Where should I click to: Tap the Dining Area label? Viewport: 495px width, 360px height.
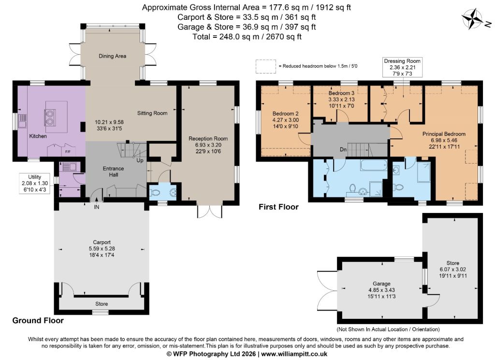pyautogui.click(x=112, y=56)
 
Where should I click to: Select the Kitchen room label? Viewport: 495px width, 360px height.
pyautogui.click(x=38, y=136)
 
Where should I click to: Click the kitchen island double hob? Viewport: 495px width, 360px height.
pyautogui.click(x=49, y=117)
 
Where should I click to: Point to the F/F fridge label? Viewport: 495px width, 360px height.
pyautogui.click(x=68, y=152)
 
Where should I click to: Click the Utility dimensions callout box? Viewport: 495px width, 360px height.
pyautogui.click(x=35, y=183)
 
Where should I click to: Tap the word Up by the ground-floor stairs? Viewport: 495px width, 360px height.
pyautogui.click(x=140, y=161)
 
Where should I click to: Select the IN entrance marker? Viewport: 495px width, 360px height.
pyautogui.click(x=96, y=207)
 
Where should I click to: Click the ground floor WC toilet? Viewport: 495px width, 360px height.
pyautogui.click(x=155, y=192)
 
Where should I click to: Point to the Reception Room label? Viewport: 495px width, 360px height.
pyautogui.click(x=208, y=138)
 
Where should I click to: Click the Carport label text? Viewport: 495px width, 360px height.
pyautogui.click(x=102, y=242)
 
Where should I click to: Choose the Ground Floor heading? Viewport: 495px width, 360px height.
pyautogui.click(x=38, y=320)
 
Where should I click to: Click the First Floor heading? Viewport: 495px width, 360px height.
pyautogui.click(x=278, y=207)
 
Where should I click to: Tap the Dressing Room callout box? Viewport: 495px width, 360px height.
pyautogui.click(x=402, y=67)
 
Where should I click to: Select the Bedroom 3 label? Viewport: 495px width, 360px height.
pyautogui.click(x=341, y=93)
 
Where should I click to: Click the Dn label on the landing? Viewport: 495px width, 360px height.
pyautogui.click(x=343, y=150)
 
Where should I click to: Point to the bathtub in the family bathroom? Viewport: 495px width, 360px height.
pyautogui.click(x=374, y=165)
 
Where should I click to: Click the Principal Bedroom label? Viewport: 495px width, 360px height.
pyautogui.click(x=444, y=134)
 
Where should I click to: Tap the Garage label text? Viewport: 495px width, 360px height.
pyautogui.click(x=381, y=284)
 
